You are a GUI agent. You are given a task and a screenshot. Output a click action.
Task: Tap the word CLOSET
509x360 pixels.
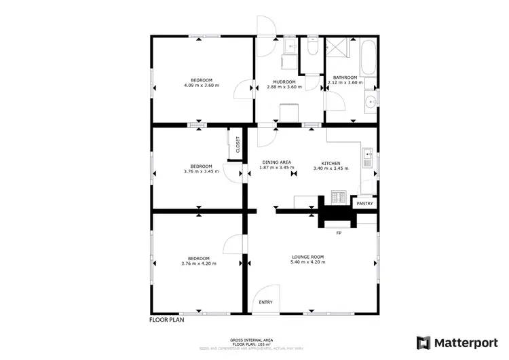coord(238,144)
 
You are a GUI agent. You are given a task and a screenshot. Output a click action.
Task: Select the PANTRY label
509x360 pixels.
coord(365,203)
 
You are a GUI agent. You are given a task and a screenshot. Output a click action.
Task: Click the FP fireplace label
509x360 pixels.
coord(337,234)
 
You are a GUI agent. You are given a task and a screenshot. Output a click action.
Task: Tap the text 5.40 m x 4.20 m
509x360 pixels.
coord(307,262)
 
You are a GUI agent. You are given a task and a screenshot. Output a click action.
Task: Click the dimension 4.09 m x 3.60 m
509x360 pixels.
coord(202,86)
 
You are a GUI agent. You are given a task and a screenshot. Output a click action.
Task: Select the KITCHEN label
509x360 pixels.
coord(331,163)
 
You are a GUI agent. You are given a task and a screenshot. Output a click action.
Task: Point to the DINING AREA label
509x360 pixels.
coord(276,162)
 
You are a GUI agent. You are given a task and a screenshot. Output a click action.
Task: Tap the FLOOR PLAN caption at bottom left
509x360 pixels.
coord(168,319)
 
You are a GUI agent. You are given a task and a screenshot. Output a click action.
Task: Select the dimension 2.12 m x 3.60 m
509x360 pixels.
coord(342,82)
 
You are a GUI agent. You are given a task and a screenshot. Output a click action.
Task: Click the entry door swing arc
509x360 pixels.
coord(261,300)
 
